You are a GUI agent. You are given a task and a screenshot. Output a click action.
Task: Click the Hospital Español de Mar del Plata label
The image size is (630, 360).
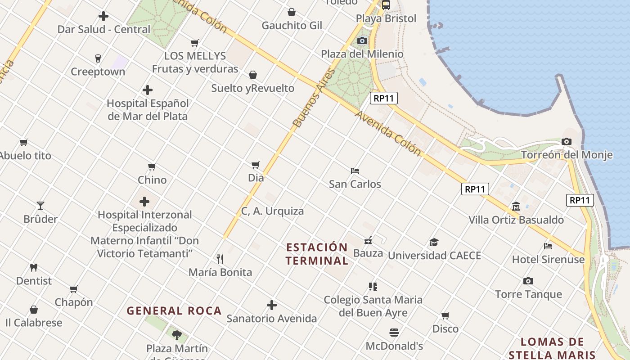click(x=147, y=110)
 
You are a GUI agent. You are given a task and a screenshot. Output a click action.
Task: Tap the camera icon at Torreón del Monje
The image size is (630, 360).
click(x=567, y=142)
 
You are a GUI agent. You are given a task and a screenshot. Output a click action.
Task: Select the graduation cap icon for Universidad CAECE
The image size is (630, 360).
click(x=434, y=243)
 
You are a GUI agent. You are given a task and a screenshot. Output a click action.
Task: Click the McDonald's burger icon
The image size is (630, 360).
click(x=394, y=333)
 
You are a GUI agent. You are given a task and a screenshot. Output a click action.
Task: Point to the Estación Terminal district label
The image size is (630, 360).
click(x=317, y=254)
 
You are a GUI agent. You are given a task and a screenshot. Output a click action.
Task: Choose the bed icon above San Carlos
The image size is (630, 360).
click(x=355, y=171)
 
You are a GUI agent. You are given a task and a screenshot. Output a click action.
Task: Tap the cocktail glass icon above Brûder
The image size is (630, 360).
click(x=40, y=206)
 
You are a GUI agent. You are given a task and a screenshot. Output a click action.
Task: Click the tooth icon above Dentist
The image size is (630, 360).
click(x=34, y=268)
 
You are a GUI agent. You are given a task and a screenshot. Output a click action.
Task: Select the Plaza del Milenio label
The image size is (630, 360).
click(x=362, y=54)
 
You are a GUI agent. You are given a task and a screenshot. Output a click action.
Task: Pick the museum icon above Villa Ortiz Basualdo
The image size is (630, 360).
click(x=516, y=207)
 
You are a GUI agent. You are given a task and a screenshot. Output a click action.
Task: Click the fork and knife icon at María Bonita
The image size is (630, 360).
click(x=220, y=259)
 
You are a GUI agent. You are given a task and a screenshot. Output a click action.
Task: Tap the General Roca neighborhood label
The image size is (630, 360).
click(x=174, y=311)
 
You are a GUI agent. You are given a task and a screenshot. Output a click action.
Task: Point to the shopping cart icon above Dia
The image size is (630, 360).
click(x=256, y=165)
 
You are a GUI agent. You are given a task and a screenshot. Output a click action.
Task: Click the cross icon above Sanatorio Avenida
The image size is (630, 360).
click(x=272, y=305)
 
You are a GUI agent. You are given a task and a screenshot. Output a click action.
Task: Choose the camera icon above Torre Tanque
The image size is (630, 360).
click(x=528, y=281)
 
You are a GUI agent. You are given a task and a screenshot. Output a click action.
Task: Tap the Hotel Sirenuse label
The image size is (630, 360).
click(x=548, y=260)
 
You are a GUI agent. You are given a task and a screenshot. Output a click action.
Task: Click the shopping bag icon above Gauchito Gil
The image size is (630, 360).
click(x=292, y=12)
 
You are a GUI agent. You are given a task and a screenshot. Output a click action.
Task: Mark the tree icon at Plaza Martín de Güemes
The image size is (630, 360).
click(x=177, y=335)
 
